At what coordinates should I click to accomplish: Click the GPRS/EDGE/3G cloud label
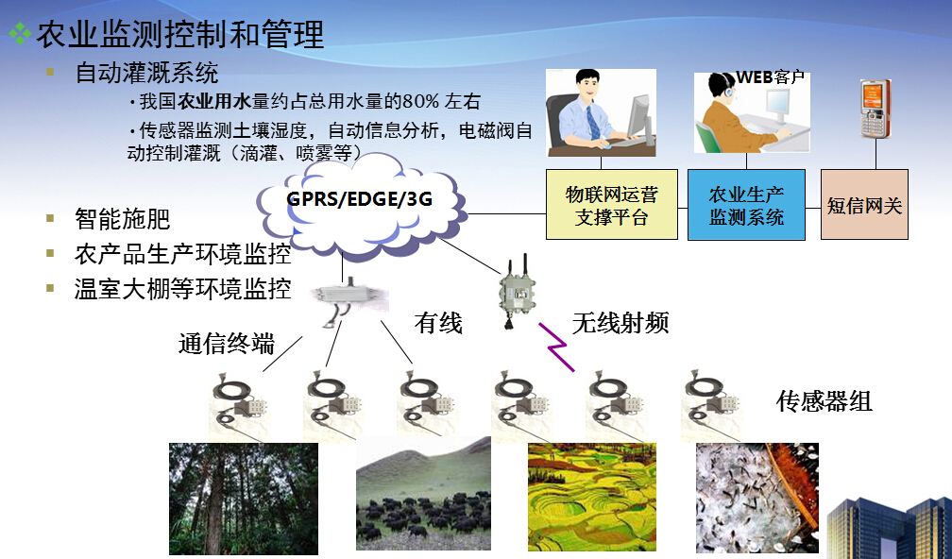(x=359, y=198)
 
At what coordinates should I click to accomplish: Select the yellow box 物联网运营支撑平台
(x=611, y=205)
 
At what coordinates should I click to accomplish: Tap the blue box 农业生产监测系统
(x=746, y=205)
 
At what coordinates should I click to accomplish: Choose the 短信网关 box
(x=864, y=205)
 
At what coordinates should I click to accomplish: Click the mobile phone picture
(x=875, y=109)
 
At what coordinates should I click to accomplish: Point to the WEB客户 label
(x=770, y=77)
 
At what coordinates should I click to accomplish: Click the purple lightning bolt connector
(x=557, y=347)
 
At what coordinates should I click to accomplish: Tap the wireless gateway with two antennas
(x=516, y=292)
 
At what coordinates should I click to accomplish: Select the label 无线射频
(x=620, y=323)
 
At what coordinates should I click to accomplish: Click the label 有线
(x=438, y=323)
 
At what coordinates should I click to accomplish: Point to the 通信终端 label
(x=227, y=344)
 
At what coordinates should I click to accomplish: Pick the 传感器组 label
(x=824, y=401)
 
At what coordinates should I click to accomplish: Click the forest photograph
(x=244, y=499)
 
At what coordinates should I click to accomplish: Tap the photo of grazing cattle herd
(x=423, y=494)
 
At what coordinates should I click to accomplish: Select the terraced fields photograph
(x=592, y=497)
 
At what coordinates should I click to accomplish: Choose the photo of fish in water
(x=757, y=498)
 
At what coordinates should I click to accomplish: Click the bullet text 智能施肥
(x=122, y=219)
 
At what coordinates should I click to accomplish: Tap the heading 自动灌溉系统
(x=146, y=73)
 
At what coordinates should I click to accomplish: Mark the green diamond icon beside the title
(x=20, y=33)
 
